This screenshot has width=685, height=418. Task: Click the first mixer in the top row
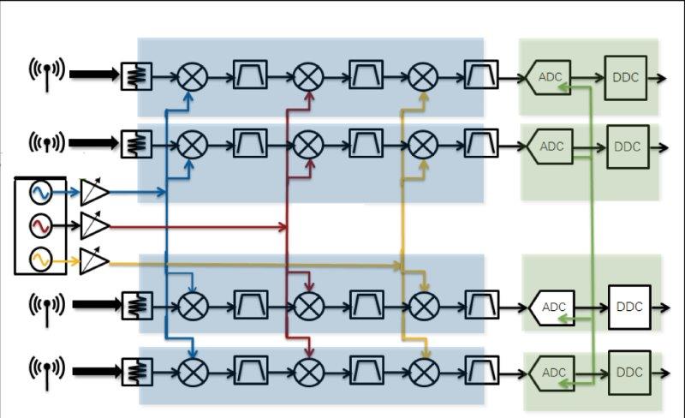[x=193, y=78]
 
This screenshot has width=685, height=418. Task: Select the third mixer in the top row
[x=422, y=78]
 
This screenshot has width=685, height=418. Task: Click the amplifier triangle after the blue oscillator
[x=94, y=193]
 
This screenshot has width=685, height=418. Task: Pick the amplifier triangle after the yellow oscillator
[x=94, y=260]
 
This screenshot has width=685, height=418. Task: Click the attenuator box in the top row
[x=136, y=77]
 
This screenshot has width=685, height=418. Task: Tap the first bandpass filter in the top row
[x=251, y=78]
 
